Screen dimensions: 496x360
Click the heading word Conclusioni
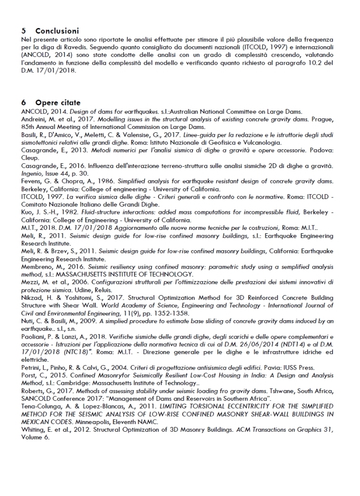point(57,30)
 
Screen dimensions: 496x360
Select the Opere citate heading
point(58,103)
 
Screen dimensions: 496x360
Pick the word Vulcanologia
point(263,143)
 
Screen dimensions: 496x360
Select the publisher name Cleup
point(30,157)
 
